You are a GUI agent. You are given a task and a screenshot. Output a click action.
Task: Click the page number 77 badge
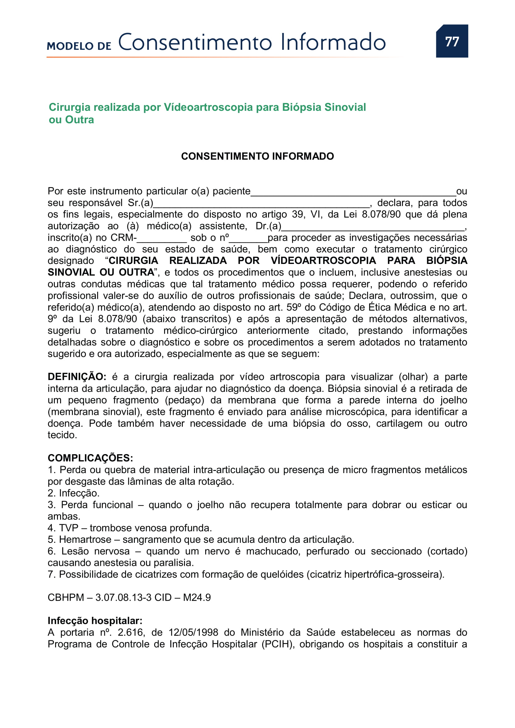451,41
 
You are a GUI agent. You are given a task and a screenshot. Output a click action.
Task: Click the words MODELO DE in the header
79,46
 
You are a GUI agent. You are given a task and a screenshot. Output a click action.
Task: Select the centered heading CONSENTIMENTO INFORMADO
257,156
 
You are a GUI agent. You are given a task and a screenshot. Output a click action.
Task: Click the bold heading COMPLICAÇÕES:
90,458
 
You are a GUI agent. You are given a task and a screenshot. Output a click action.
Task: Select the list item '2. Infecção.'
73,493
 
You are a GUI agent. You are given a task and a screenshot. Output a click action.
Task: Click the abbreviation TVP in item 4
69,528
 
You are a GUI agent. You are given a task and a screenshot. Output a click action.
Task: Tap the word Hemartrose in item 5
85,539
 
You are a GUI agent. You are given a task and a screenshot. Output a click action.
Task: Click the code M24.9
196,597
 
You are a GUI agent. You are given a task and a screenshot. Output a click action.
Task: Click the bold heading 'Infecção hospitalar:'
95,621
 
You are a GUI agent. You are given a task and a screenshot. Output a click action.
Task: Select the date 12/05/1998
193,632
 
